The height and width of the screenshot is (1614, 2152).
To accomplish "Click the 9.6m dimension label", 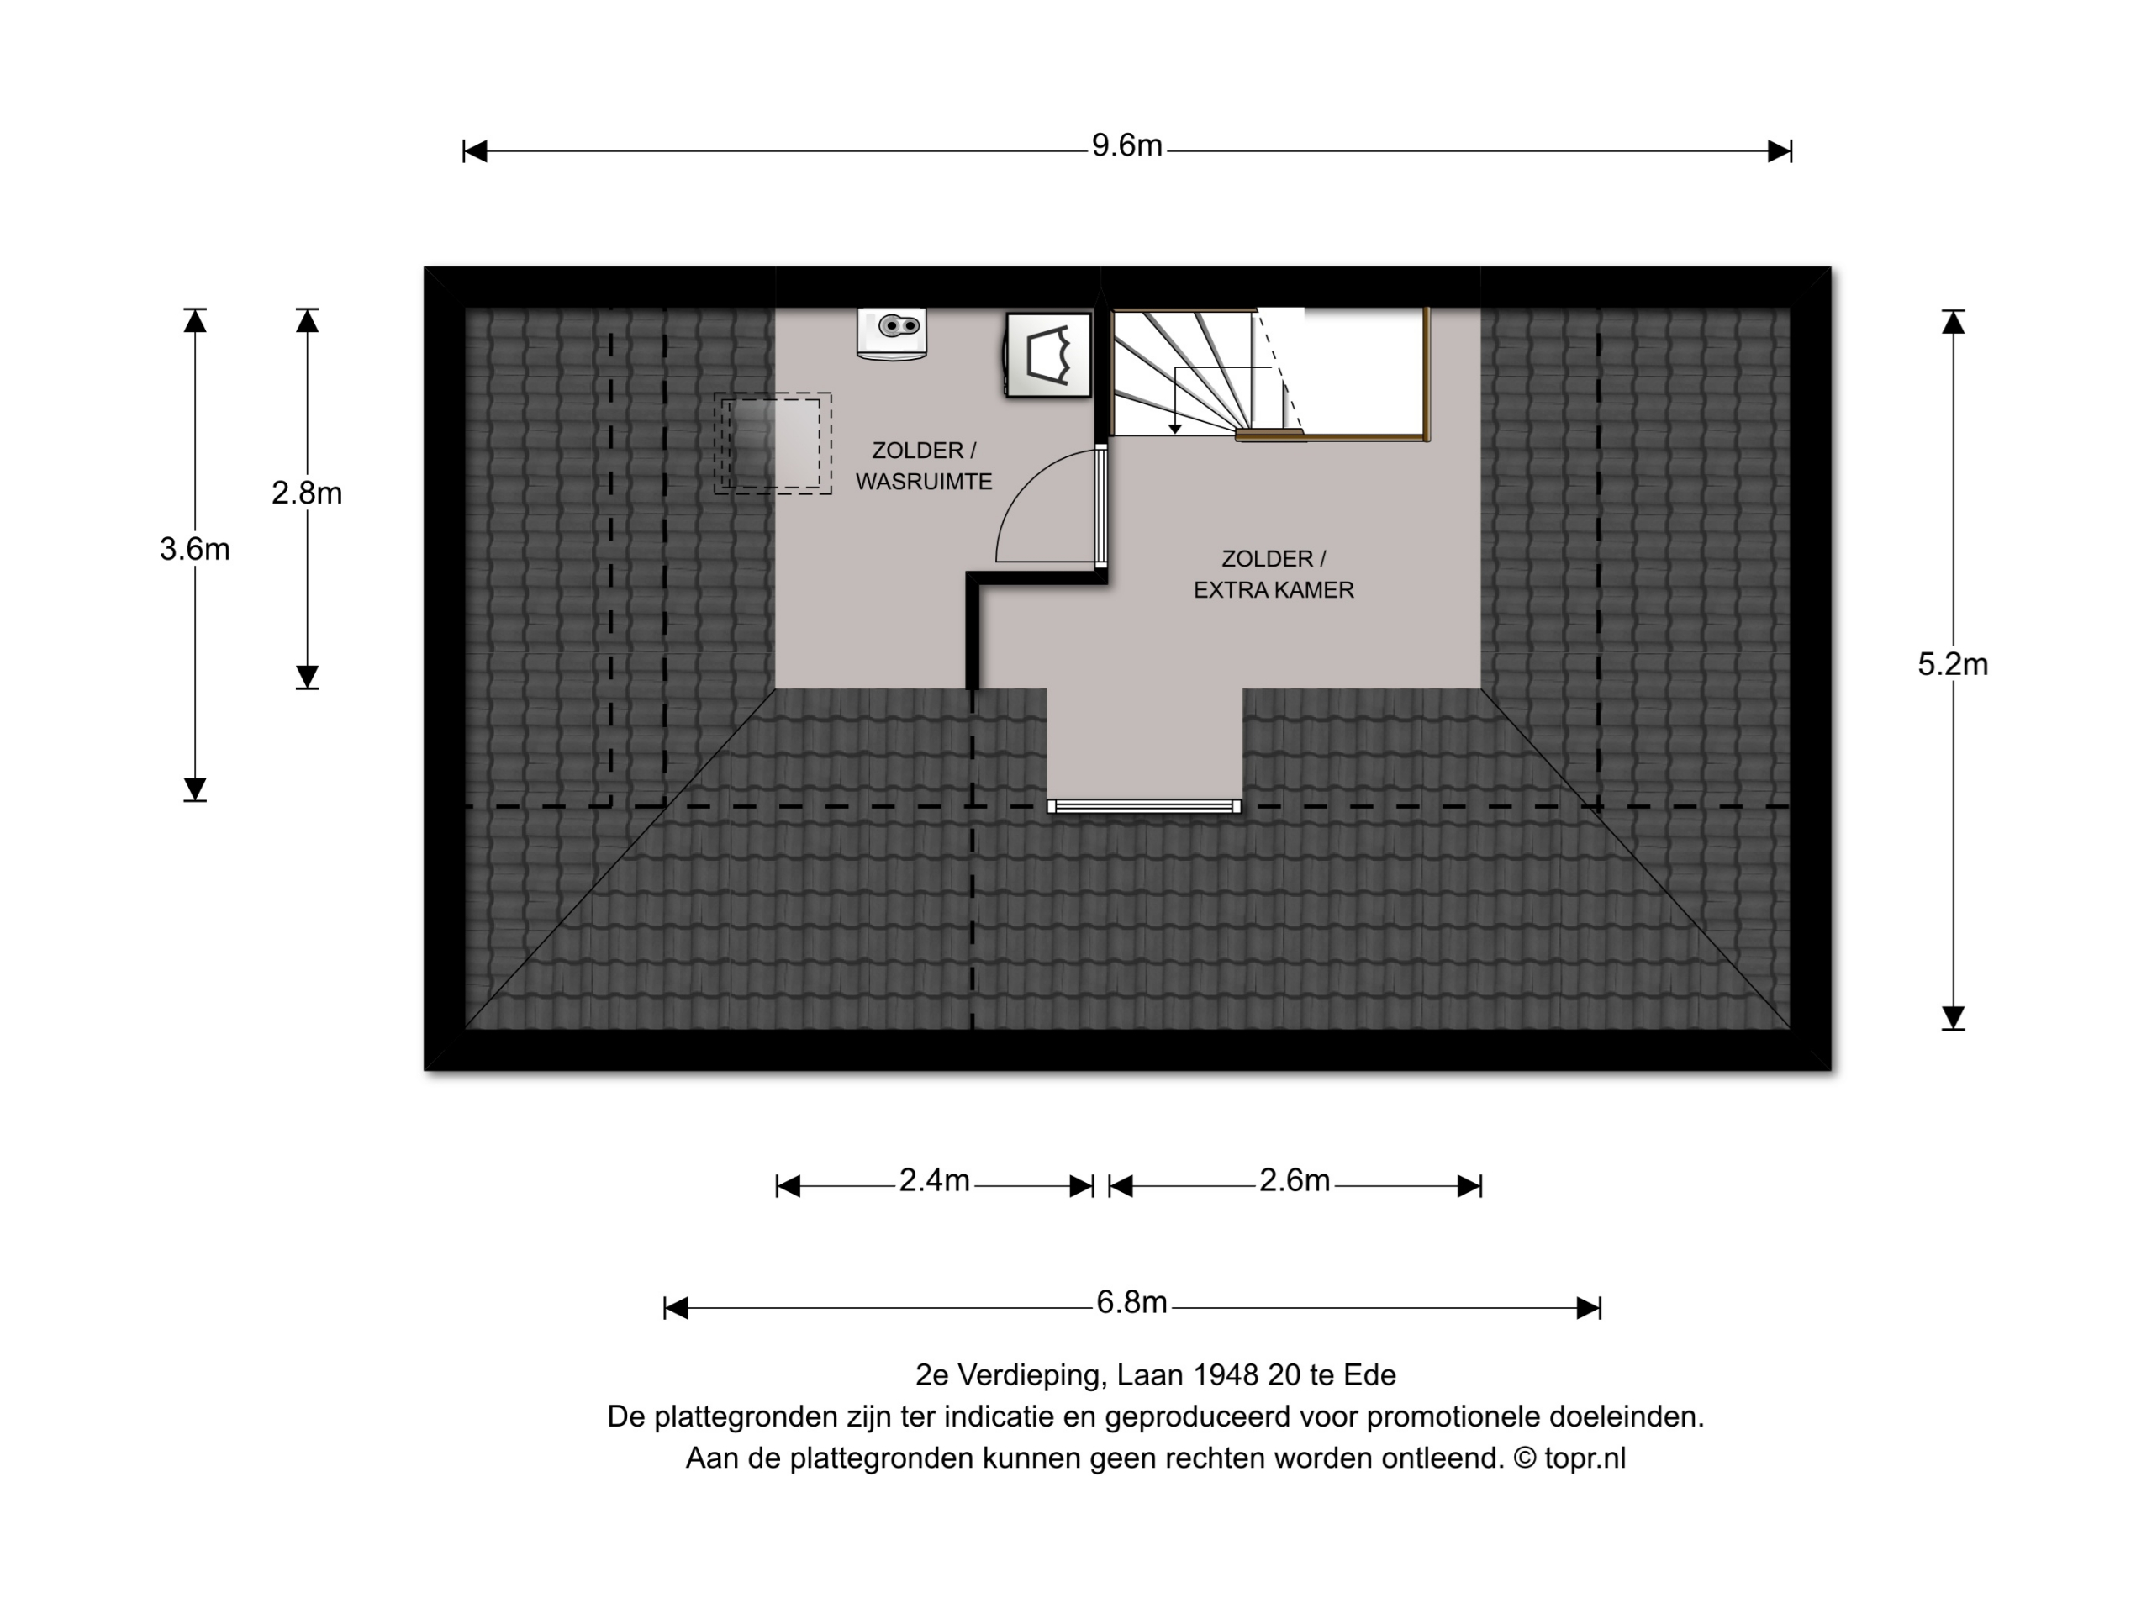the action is [1126, 146].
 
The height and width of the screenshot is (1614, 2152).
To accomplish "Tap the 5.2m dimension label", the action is [1953, 664].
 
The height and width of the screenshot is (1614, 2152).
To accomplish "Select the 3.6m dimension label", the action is [194, 550].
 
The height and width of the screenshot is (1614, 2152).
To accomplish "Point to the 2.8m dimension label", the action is [307, 493].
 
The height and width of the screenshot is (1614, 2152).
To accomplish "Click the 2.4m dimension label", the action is [934, 1180].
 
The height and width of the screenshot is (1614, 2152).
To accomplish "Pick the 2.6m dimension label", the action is [1294, 1180].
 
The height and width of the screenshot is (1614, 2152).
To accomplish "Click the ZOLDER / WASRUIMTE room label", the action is [924, 466].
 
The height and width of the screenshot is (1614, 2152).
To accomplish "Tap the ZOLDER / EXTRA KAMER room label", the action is [1274, 574].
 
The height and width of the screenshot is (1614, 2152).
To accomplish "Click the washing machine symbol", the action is [891, 334].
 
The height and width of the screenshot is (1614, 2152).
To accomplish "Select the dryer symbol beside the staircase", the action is [1047, 355].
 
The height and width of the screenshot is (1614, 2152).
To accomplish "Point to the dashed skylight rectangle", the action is [773, 444].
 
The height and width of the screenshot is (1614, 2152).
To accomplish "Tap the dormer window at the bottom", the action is [1144, 806].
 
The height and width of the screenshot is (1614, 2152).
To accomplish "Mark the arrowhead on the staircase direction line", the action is [1175, 428].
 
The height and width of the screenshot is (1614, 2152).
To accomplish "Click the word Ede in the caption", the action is [1370, 1374].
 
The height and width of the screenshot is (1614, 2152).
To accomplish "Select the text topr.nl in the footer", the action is [1585, 1458].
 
